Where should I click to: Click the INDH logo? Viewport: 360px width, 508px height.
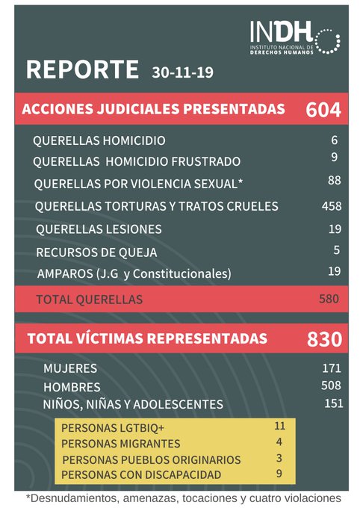coord(295,37)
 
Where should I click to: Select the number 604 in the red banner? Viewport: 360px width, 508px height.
coord(323,110)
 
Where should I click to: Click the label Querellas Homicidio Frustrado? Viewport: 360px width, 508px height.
coord(137,161)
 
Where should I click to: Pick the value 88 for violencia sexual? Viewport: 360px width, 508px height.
coord(334,180)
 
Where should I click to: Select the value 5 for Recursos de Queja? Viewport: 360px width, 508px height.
coord(337,251)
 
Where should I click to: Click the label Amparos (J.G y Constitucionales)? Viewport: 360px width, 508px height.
coord(134,273)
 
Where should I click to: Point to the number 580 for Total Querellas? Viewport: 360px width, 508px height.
coord(329,299)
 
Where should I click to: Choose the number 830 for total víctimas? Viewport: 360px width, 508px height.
coord(324,339)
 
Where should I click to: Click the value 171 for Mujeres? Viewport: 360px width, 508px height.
coord(332,368)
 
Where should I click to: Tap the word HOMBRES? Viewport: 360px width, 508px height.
coord(72,388)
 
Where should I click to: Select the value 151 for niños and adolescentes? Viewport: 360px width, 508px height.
coord(333,403)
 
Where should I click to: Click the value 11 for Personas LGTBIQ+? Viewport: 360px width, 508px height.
coord(280,426)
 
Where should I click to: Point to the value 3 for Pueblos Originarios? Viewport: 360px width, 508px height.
coord(279,457)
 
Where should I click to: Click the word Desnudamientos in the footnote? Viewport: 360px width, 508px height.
coord(70,498)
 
